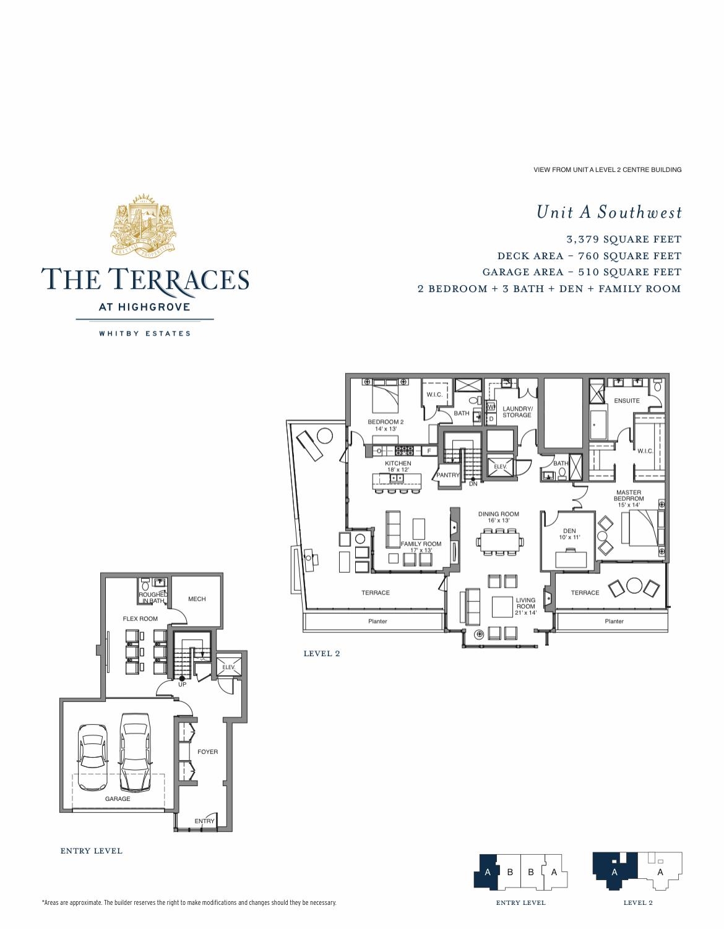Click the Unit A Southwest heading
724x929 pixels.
point(609,212)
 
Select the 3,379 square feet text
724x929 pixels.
point(624,239)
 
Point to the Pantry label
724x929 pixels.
point(448,475)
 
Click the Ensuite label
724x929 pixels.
point(627,401)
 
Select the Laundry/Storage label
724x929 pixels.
point(517,412)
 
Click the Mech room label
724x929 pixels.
point(197,599)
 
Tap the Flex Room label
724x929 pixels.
point(140,619)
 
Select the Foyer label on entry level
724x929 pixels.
point(208,751)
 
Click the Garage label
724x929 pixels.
point(118,798)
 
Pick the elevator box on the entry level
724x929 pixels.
point(229,667)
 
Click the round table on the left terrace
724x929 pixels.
point(325,436)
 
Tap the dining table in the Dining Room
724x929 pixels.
point(499,542)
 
